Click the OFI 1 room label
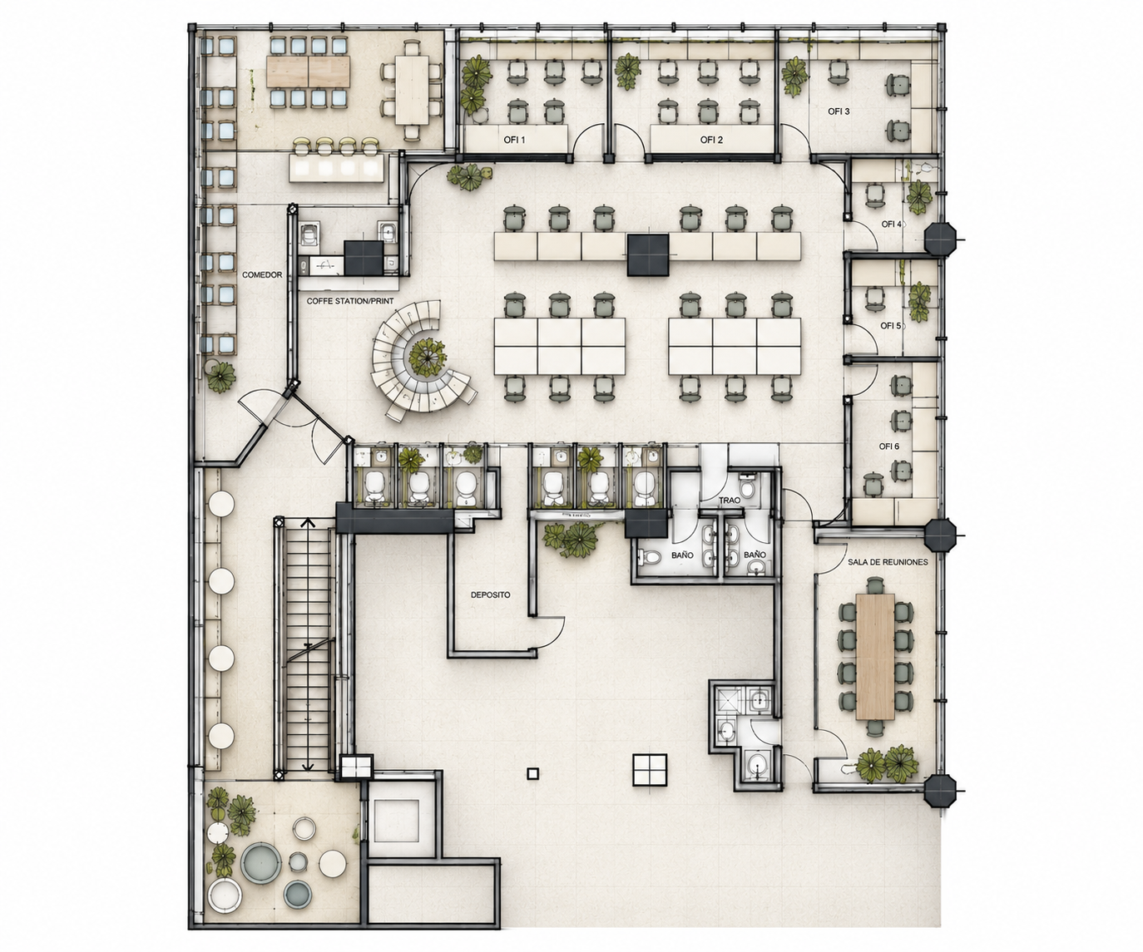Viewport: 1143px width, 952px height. [x=514, y=140]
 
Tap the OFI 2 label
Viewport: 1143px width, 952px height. [x=711, y=140]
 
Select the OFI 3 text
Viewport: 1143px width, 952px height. [x=839, y=111]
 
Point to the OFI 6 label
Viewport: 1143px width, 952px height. [x=888, y=446]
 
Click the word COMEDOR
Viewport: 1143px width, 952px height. [x=262, y=274]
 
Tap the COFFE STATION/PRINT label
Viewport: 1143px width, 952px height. [x=349, y=301]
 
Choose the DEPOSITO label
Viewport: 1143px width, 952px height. [x=491, y=594]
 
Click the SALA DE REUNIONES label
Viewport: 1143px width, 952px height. [x=888, y=562]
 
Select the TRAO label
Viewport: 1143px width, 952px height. [x=730, y=500]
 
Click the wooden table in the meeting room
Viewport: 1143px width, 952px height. [x=875, y=657]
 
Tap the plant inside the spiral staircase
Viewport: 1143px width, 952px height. [x=427, y=358]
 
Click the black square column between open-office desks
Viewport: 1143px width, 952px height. [x=648, y=255]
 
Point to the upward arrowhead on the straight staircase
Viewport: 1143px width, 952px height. [x=308, y=522]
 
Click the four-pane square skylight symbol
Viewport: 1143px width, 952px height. [x=650, y=770]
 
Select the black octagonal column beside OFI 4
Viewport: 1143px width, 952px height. [x=941, y=239]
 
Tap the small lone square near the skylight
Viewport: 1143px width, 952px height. [x=532, y=773]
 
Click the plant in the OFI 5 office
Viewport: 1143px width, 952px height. [x=920, y=302]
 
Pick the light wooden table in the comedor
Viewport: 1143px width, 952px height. [x=308, y=72]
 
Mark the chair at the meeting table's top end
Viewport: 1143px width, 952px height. [x=875, y=585]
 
